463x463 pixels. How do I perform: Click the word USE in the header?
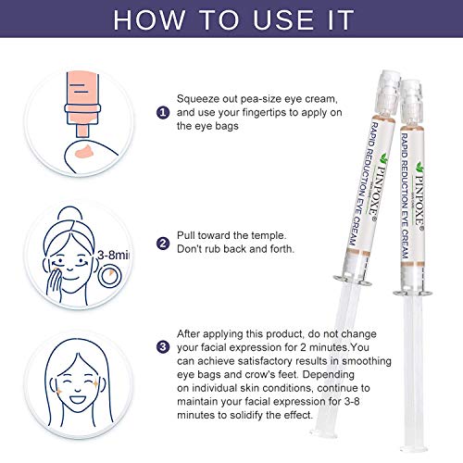click(x=283, y=20)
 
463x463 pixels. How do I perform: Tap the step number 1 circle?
click(x=163, y=112)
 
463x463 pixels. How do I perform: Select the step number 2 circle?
click(x=163, y=244)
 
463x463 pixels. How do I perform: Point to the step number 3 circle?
click(x=163, y=347)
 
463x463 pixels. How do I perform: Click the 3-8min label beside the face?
click(x=113, y=255)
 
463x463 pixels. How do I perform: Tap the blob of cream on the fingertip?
click(x=87, y=151)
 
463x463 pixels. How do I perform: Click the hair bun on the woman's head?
click(x=70, y=214)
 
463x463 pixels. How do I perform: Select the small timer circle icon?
click(x=109, y=275)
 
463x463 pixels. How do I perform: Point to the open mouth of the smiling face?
click(x=78, y=399)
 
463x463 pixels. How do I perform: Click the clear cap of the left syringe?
click(x=387, y=93)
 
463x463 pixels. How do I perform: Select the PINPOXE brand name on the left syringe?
click(x=379, y=187)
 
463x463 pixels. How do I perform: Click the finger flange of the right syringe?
click(x=412, y=293)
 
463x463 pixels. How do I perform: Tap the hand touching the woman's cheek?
click(x=55, y=283)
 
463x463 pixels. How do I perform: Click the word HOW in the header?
click(x=149, y=20)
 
